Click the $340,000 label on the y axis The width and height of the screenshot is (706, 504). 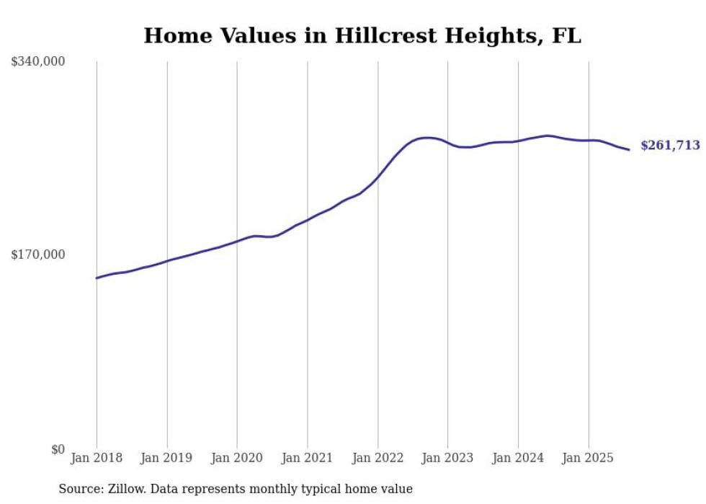click(x=38, y=62)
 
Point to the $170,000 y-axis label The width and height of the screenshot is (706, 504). click(x=38, y=255)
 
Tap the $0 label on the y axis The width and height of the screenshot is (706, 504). click(x=58, y=450)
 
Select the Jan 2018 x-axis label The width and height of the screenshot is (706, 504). click(x=97, y=458)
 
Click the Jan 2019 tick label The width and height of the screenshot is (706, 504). click(x=166, y=458)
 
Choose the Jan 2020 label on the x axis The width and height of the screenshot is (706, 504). click(x=237, y=458)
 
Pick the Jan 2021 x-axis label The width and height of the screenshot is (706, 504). click(x=308, y=458)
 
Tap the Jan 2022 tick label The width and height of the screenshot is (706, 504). click(x=377, y=458)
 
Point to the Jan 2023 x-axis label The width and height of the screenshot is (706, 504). click(x=448, y=458)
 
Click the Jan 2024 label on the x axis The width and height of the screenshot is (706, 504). click(x=518, y=458)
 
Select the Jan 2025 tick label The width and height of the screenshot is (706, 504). click(x=589, y=458)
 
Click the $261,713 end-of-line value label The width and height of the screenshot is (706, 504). click(x=670, y=146)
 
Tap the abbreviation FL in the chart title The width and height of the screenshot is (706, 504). click(x=566, y=36)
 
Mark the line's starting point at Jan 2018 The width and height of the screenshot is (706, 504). click(x=97, y=278)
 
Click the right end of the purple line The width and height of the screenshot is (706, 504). click(x=630, y=149)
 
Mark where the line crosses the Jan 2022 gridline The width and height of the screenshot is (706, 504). click(x=377, y=177)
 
